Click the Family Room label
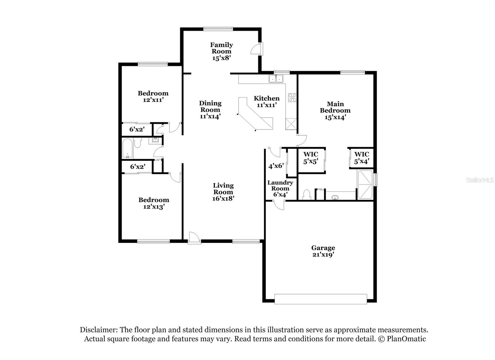(x=221, y=48)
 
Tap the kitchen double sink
(x=276, y=79)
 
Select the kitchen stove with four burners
(x=292, y=98)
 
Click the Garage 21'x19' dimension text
(x=323, y=254)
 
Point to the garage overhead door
(x=321, y=299)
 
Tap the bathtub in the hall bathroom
(x=127, y=148)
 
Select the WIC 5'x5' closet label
(x=311, y=158)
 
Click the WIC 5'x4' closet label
(x=361, y=158)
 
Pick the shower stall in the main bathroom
(x=365, y=184)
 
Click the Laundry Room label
(x=280, y=186)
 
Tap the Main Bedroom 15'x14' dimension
(x=335, y=117)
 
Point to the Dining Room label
(x=210, y=106)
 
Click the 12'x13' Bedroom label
(x=153, y=203)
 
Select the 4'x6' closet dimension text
(x=276, y=166)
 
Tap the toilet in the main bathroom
(x=306, y=195)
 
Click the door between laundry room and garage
(x=279, y=205)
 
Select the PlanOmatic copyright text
(x=402, y=339)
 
